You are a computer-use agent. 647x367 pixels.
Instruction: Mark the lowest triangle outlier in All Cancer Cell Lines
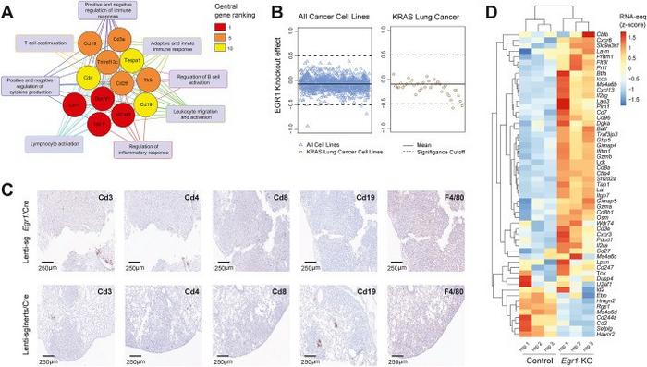[x=306, y=124]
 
